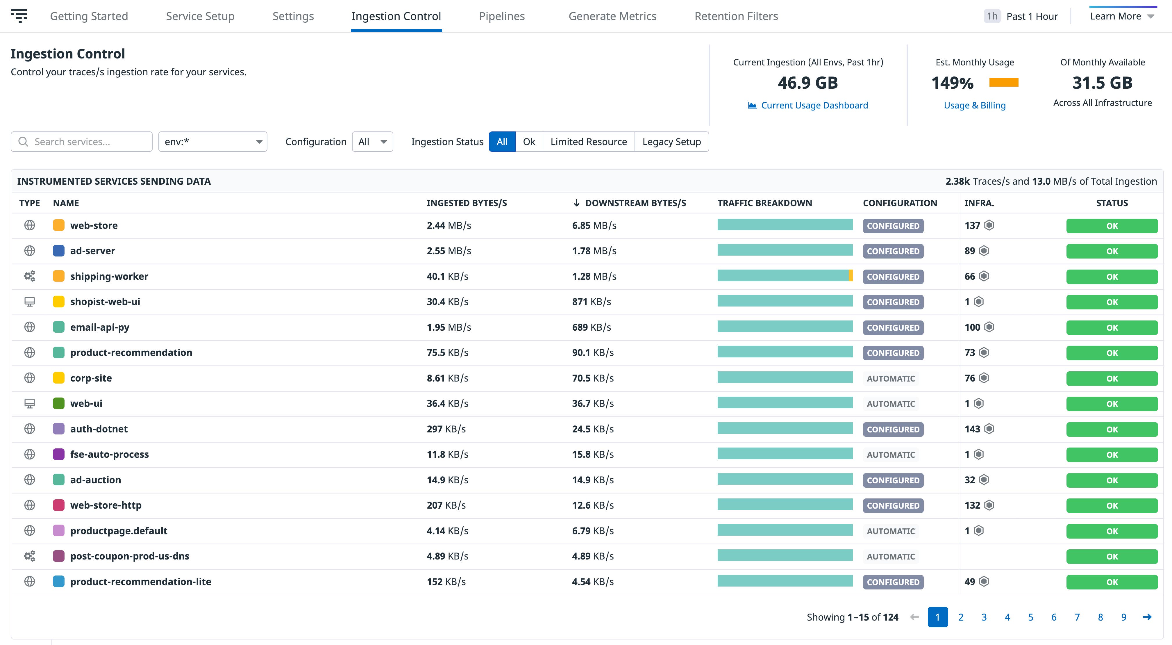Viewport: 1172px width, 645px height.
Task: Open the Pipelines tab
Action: [501, 16]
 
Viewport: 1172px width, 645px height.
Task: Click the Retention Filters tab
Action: [736, 16]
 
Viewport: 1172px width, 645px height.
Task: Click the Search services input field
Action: [82, 142]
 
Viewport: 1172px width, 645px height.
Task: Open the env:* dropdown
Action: [212, 142]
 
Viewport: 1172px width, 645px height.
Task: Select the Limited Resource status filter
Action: [588, 142]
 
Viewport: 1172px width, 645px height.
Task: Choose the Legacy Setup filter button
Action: [671, 142]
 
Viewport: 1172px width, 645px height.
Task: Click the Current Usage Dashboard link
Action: [814, 105]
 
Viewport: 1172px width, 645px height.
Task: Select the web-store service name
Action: [94, 225]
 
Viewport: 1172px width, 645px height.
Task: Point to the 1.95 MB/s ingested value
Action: [449, 327]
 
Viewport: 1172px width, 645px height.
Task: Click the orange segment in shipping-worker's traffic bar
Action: [850, 275]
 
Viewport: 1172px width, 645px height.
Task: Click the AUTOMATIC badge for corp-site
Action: [890, 378]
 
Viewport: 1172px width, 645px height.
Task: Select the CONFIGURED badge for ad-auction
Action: [893, 480]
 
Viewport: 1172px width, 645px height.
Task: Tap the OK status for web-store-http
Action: [1112, 506]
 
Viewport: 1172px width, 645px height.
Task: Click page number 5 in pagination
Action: [1030, 617]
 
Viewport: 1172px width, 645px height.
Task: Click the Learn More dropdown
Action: [1121, 16]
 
